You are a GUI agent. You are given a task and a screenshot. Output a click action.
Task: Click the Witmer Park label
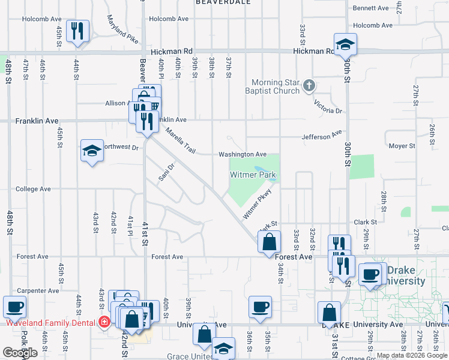pos(253,175)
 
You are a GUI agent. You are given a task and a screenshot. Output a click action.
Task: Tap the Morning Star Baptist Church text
pos(275,86)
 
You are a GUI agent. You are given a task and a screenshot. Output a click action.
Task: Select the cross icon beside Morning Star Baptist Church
pos(309,85)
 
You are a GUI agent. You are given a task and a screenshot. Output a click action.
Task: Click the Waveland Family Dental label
pos(50,322)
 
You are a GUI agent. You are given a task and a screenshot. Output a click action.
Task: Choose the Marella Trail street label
pos(181,140)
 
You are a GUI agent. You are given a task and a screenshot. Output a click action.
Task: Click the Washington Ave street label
pos(243,154)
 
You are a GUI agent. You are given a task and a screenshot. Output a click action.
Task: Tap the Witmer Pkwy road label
pos(258,204)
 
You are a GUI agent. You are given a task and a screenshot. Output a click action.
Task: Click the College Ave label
pos(33,188)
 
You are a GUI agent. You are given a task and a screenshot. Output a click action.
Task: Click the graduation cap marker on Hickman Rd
pos(345,44)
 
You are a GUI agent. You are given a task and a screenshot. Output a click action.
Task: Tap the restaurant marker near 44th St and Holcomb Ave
pos(77,31)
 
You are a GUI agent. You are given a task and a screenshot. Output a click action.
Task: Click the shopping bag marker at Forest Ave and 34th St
pos(270,243)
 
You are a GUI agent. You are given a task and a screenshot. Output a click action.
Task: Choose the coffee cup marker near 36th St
pos(260,307)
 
